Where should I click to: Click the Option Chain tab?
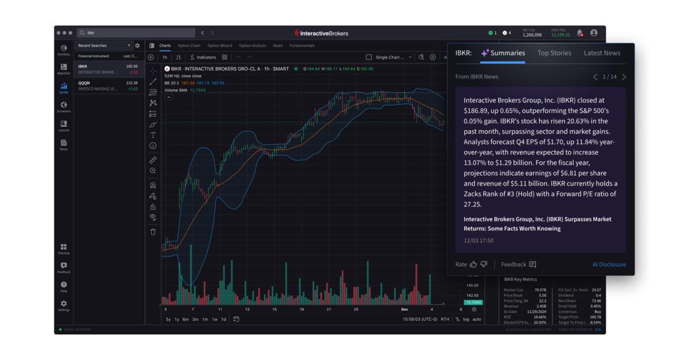click(x=189, y=46)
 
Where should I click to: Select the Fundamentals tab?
click(x=302, y=46)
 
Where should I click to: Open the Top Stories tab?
click(x=554, y=53)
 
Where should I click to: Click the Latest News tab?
click(x=602, y=53)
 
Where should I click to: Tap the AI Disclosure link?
click(x=609, y=265)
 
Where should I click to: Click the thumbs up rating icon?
click(x=474, y=265)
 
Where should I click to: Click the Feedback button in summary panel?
click(x=518, y=265)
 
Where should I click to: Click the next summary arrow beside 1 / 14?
click(x=624, y=77)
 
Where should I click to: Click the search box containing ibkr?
click(x=138, y=33)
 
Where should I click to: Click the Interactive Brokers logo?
click(x=321, y=33)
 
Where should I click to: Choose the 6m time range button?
click(x=185, y=319)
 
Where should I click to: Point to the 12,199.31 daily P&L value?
click(x=560, y=35)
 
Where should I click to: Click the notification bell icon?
click(x=579, y=33)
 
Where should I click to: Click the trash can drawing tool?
click(x=153, y=232)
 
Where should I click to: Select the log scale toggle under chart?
click(x=466, y=319)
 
